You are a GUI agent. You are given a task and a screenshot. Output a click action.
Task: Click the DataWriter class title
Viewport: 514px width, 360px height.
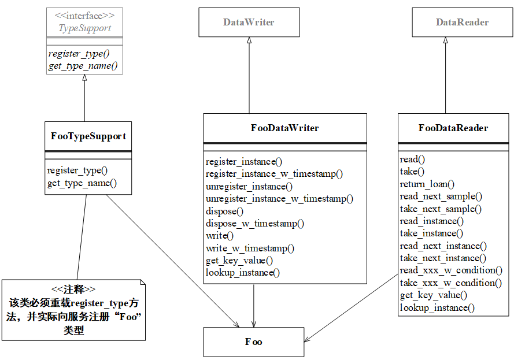click(x=249, y=22)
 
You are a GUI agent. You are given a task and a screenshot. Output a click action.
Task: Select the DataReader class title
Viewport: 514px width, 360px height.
click(x=462, y=22)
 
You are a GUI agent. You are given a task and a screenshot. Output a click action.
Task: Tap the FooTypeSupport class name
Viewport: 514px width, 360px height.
click(x=88, y=136)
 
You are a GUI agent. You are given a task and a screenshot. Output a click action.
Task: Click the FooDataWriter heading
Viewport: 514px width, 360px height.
click(x=284, y=128)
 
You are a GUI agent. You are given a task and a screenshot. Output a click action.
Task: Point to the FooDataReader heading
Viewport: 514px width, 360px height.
click(x=453, y=128)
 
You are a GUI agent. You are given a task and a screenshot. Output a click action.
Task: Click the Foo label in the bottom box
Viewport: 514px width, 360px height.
click(x=253, y=342)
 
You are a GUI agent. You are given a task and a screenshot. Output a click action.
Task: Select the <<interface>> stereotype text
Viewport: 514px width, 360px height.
click(x=84, y=16)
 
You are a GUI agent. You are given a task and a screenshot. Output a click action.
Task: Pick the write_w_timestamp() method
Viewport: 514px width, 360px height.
click(x=250, y=248)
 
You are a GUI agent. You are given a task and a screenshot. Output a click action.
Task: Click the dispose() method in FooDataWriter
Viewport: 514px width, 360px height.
click(x=224, y=211)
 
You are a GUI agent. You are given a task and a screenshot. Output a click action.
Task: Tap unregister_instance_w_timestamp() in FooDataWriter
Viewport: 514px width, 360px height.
click(x=279, y=199)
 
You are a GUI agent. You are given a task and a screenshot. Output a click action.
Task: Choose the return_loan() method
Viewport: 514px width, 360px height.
click(x=427, y=184)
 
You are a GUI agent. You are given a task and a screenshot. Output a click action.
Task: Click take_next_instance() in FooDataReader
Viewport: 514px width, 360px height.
click(x=443, y=258)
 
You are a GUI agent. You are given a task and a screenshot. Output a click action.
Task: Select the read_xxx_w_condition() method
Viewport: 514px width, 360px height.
click(x=451, y=270)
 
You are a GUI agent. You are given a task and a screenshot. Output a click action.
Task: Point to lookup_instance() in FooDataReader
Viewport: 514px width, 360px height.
click(x=437, y=308)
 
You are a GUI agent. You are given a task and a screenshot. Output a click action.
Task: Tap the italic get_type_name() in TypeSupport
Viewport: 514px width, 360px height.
click(x=83, y=66)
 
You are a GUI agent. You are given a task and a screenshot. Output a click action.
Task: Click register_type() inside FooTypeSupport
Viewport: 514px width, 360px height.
click(x=77, y=170)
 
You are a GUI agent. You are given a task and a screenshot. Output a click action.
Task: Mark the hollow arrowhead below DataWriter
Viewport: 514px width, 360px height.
click(x=249, y=40)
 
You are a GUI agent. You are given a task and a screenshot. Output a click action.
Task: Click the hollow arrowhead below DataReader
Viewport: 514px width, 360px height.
click(x=446, y=40)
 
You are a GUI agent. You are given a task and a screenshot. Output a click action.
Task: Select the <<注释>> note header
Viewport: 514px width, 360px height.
click(x=73, y=290)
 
